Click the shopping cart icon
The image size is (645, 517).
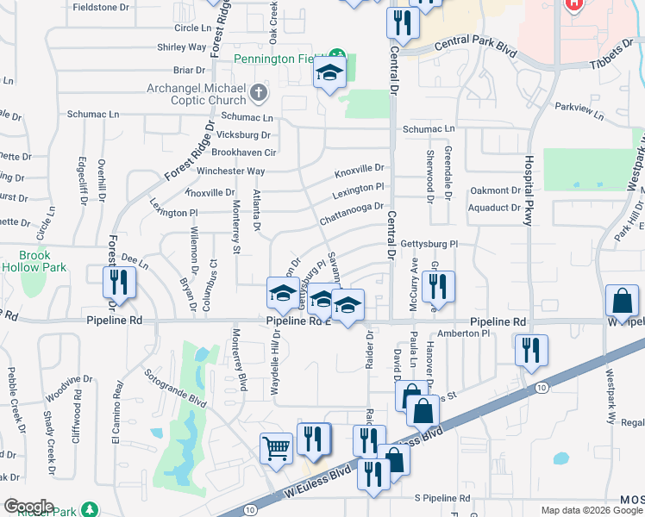tap(276, 448)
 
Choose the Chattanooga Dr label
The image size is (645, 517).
tap(351, 212)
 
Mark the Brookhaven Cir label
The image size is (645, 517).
tap(243, 153)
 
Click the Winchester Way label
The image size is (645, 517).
tap(231, 171)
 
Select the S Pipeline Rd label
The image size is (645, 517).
tap(441, 498)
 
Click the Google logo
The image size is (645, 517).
tap(28, 507)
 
